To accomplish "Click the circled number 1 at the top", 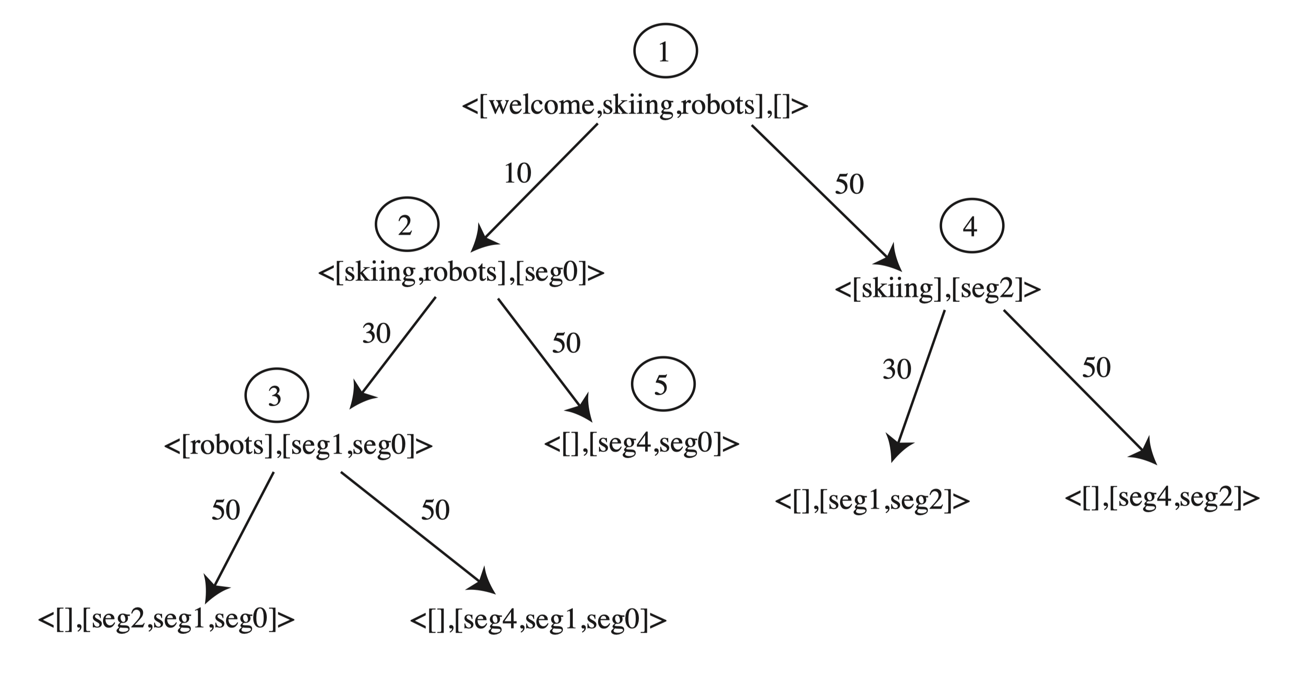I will point(665,51).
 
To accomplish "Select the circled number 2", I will point(407,224).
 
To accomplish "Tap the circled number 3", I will point(277,396).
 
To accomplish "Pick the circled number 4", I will point(971,226).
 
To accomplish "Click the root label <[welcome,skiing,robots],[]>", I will point(635,106).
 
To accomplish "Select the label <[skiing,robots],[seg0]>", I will point(461,273).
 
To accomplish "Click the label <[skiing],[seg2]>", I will point(938,289).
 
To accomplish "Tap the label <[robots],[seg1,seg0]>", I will point(298,446).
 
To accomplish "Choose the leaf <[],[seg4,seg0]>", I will point(641,443).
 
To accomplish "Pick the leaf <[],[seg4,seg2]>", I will point(1162,498).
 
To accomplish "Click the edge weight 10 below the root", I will point(517,173).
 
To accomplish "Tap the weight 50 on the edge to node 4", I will point(849,184).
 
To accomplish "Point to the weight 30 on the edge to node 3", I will point(376,333).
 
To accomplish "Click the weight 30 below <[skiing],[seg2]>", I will point(897,369).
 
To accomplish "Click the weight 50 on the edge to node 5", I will point(566,343).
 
